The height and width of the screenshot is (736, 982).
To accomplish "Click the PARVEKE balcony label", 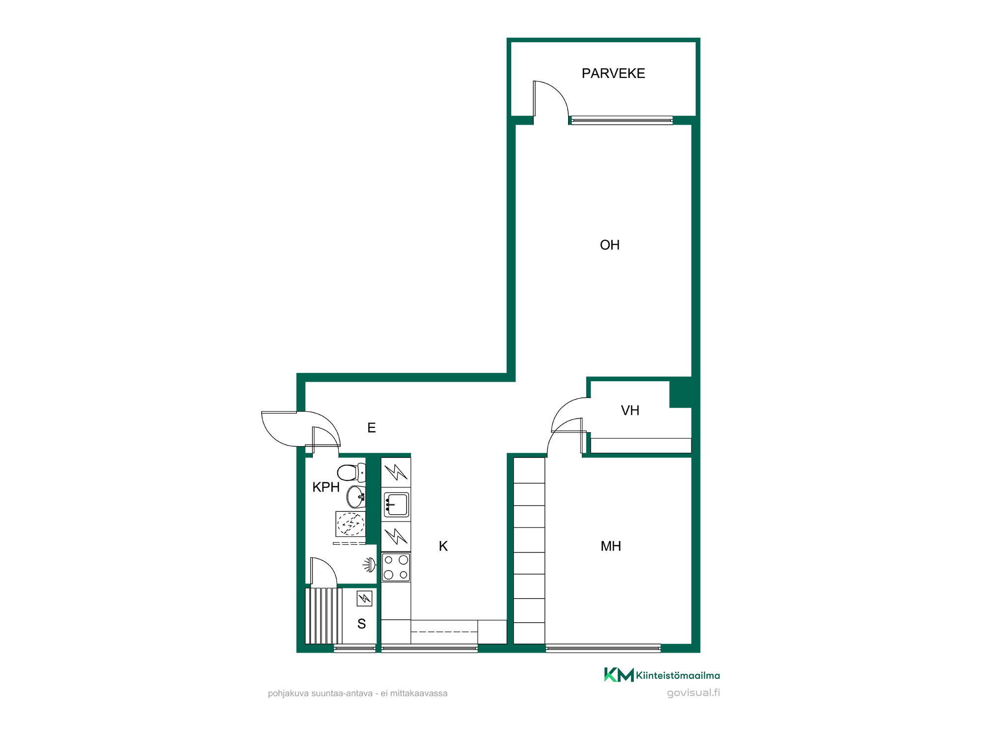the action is point(613,74).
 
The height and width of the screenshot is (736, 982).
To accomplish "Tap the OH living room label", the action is point(610,245).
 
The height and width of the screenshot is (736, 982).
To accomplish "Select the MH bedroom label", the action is point(611,546).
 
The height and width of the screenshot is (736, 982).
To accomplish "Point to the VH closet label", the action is point(630,410).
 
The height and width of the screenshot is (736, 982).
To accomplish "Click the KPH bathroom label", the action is point(326,487).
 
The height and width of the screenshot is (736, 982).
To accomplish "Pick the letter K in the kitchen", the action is point(443,546).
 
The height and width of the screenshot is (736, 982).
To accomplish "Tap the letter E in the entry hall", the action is point(372,428).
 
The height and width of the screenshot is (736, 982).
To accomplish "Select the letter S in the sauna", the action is point(361,624).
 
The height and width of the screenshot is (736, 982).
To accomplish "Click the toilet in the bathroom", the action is point(351,473).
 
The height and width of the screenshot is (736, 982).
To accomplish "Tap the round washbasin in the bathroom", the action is point(356,497).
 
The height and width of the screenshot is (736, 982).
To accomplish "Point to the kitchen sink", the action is point(396,504).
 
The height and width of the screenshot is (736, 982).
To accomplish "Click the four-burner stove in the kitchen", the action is point(396,568).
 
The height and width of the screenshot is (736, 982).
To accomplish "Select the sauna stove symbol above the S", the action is point(364,598).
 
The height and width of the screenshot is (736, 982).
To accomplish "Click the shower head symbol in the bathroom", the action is point(369,565).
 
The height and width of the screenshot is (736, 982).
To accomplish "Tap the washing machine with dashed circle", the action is point(351,524).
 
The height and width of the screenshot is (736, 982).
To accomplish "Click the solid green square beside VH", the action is point(681,392).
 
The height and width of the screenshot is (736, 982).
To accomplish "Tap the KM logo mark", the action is point(619,675).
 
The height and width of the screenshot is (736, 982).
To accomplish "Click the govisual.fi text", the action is point(693,693).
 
